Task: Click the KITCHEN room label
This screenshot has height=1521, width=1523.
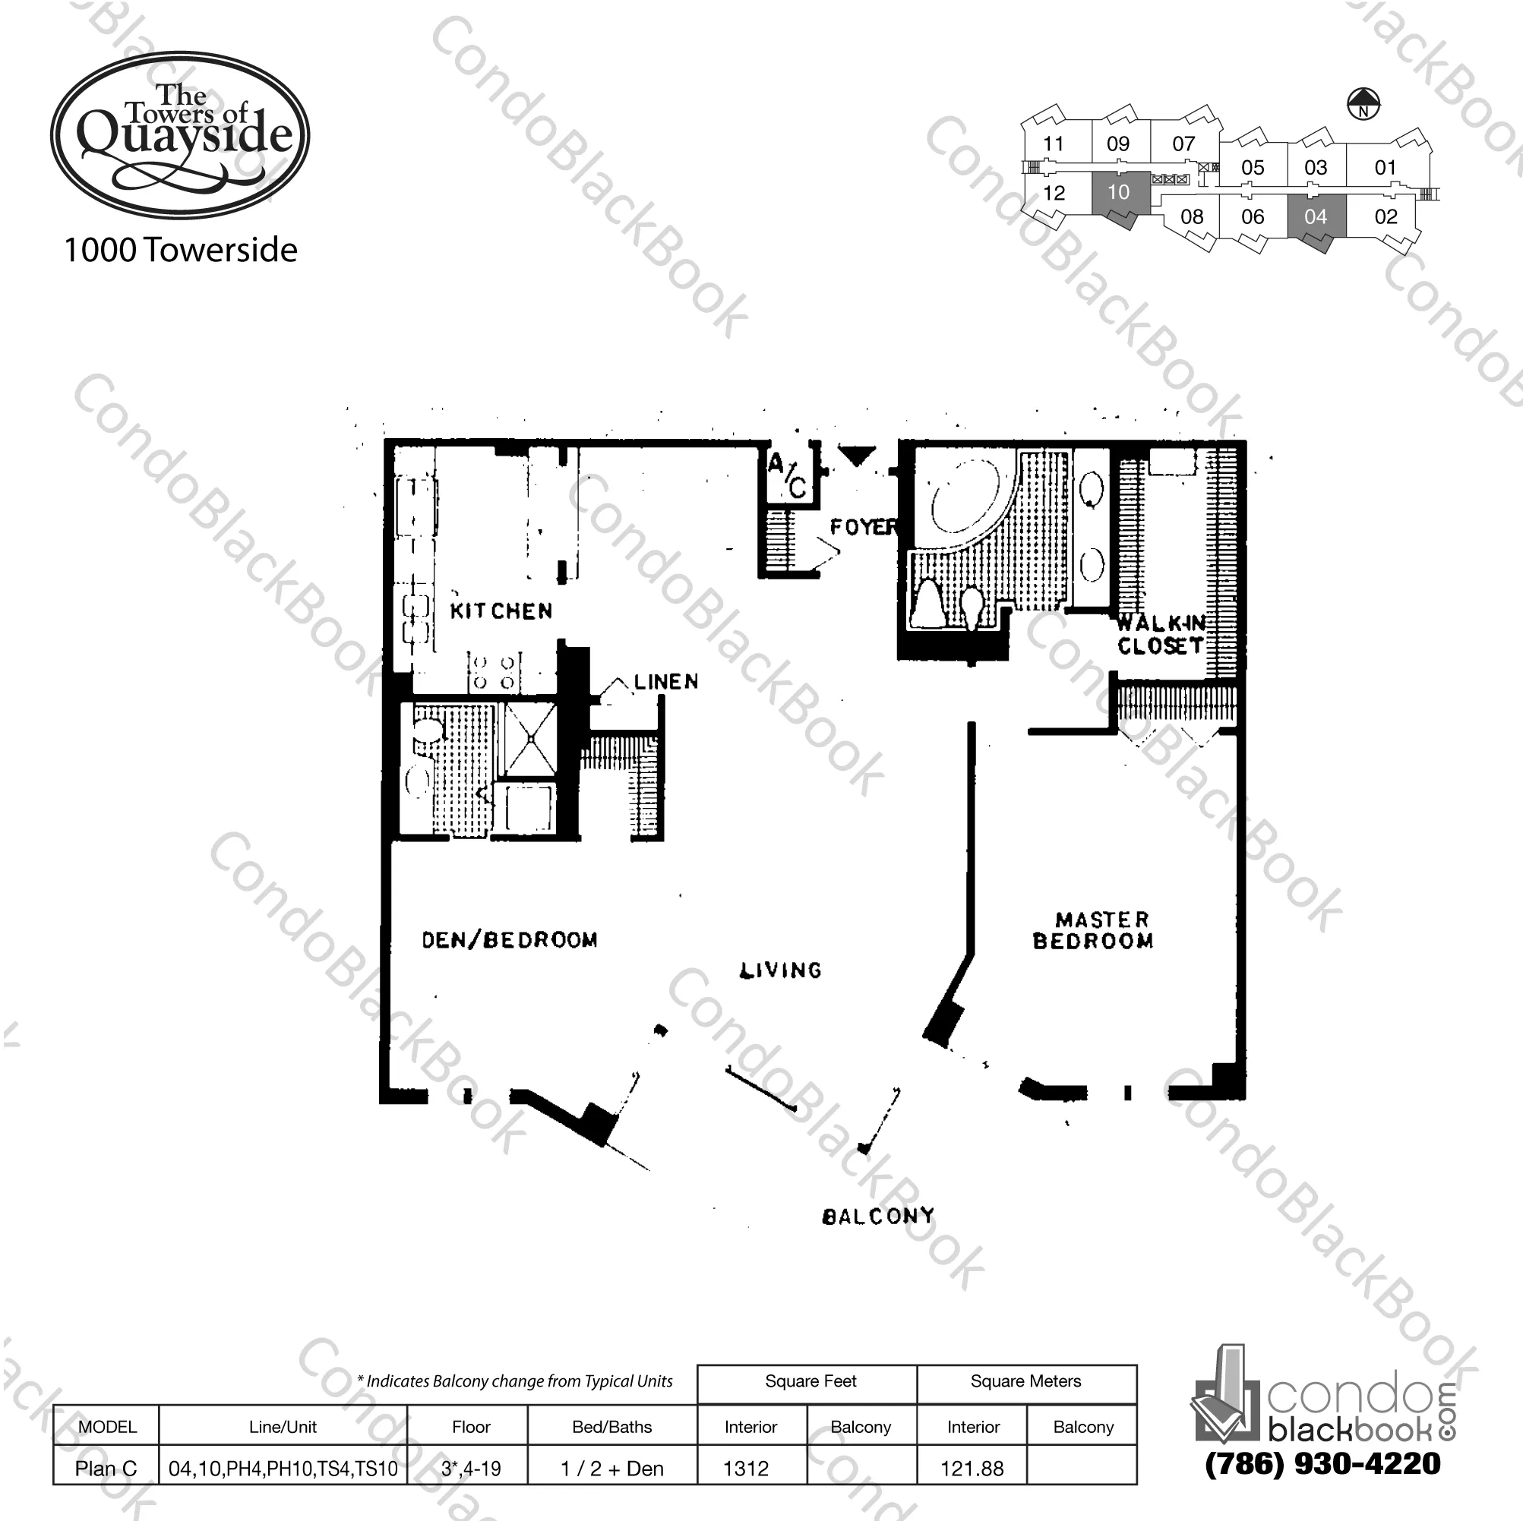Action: (501, 611)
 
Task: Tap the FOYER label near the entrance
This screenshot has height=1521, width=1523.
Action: (862, 526)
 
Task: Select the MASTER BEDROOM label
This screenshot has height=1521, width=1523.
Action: (1093, 930)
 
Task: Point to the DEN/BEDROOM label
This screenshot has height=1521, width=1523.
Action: (509, 939)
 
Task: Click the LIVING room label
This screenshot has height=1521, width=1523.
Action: (780, 970)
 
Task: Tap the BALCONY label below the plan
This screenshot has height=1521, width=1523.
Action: (877, 1216)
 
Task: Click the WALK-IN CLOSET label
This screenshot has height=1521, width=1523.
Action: (1161, 634)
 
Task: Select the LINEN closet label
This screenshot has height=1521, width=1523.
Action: (666, 682)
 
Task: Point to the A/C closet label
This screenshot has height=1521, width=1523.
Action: (788, 475)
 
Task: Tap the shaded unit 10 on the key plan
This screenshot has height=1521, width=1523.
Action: (1118, 192)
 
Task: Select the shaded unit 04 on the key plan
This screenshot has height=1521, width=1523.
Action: (1315, 216)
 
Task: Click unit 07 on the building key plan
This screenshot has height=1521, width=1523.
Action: (1183, 144)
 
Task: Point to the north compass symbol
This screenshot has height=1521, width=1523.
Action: (1363, 103)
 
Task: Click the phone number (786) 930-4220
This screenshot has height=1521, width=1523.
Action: (1322, 1463)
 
